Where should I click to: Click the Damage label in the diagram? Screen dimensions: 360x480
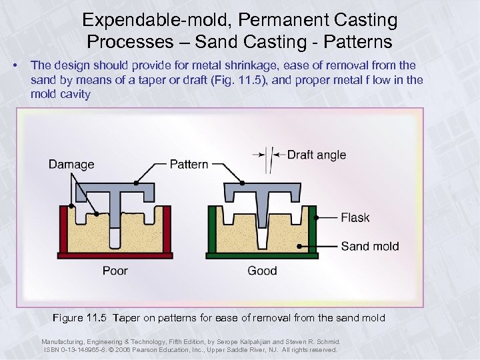tap(71, 164)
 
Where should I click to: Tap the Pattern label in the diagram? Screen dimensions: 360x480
tap(189, 164)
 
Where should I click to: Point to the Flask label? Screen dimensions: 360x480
tap(355, 217)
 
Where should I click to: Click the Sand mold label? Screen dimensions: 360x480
tap(370, 246)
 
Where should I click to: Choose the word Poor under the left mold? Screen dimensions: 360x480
tap(115, 271)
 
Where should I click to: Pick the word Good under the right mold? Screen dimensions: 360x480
tap(262, 271)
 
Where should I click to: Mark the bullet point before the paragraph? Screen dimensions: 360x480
tap(15, 65)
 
